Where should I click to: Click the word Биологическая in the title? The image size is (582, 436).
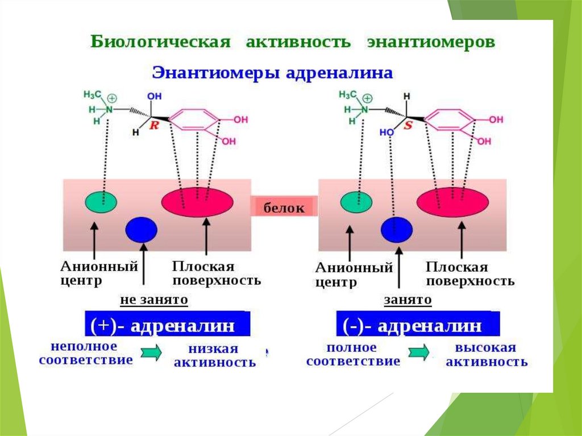click(160, 43)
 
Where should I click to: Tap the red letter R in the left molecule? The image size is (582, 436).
click(153, 126)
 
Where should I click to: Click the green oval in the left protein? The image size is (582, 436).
click(101, 201)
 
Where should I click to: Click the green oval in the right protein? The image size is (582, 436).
click(356, 201)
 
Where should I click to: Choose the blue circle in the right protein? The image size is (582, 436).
click(397, 229)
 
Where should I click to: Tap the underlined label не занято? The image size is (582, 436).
click(153, 299)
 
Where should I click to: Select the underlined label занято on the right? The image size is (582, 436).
click(408, 300)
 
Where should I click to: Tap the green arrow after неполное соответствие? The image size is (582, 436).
click(151, 354)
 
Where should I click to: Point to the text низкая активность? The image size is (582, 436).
click(214, 355)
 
